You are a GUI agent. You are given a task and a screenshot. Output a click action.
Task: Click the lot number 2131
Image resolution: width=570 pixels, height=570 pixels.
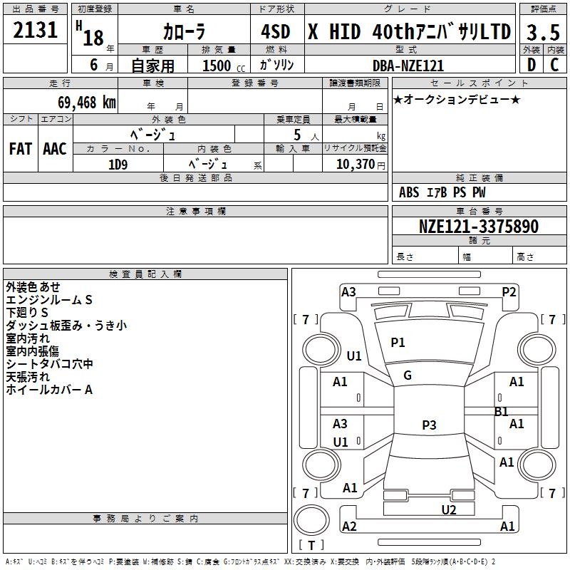pos(36,31)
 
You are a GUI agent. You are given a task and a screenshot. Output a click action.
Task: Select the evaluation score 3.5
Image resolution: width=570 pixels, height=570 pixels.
pos(542,32)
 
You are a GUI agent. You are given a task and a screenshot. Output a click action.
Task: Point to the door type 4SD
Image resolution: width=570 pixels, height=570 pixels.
pos(276,32)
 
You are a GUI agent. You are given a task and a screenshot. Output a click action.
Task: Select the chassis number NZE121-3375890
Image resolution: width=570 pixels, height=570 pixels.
pos(479,227)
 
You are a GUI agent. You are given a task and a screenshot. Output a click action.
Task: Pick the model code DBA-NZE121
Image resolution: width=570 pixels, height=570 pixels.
pos(408,66)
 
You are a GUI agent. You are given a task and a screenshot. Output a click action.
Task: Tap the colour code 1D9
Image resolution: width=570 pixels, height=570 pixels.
pos(118,164)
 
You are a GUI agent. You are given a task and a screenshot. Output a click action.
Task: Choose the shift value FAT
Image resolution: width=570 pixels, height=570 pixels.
pos(20,149)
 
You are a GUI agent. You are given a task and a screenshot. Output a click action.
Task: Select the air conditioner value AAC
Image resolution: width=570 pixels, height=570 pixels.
pos(54,149)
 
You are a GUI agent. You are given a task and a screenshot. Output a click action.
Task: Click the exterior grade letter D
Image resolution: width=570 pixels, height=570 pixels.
pos(531,65)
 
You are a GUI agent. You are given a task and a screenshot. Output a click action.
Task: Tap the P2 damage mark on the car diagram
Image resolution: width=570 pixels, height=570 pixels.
pos(509,291)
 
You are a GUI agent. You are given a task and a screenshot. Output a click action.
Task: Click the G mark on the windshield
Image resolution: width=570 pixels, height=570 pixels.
pos(408,375)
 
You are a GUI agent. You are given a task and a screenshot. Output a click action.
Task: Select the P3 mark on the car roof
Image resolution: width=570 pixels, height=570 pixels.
pos(428,425)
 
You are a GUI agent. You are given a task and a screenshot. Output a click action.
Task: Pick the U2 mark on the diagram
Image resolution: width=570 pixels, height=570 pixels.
pos(448,509)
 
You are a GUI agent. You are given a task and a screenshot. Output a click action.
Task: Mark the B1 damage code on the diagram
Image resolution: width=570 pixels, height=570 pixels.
pos(501,412)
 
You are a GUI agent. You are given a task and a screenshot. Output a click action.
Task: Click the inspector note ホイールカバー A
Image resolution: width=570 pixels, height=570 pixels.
pos(49,390)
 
